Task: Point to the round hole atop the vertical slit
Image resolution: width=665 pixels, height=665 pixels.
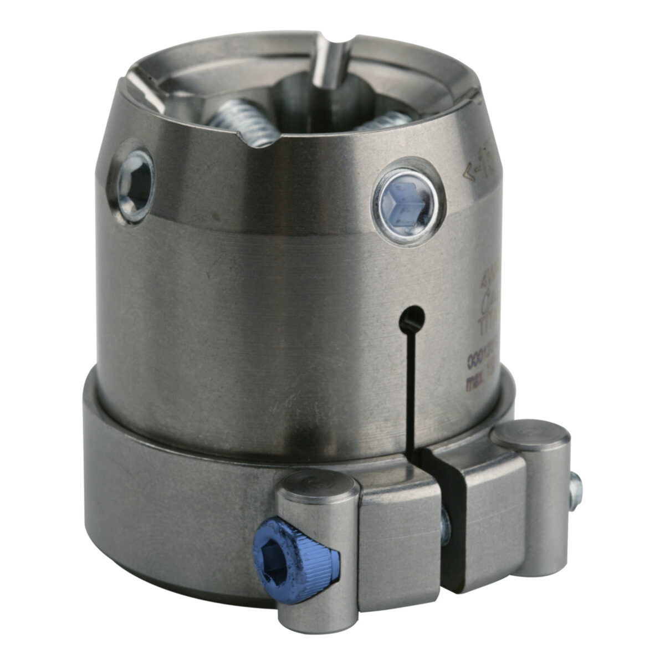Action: [412, 317]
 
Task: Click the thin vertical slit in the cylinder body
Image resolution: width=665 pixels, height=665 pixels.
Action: [411, 388]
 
